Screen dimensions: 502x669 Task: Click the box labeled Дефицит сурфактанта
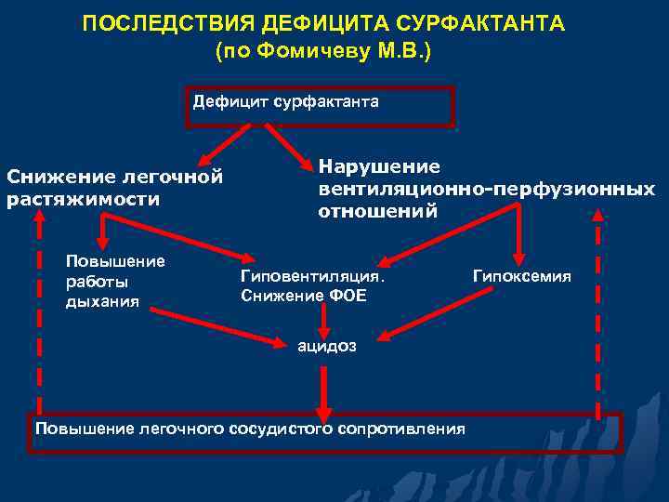coord(286,105)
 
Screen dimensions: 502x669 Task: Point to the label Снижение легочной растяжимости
coord(114,187)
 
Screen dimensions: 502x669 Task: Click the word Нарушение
coord(379,166)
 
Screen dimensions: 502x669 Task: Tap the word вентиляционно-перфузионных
coord(486,189)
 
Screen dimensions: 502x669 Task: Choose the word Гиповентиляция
coord(312,276)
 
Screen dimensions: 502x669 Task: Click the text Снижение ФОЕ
coord(303,296)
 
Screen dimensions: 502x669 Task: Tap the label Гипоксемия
coord(522,276)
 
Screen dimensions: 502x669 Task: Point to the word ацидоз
coord(326,347)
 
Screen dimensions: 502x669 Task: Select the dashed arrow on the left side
coord(38,307)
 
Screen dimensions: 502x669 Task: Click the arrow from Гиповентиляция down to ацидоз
coord(322,321)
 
